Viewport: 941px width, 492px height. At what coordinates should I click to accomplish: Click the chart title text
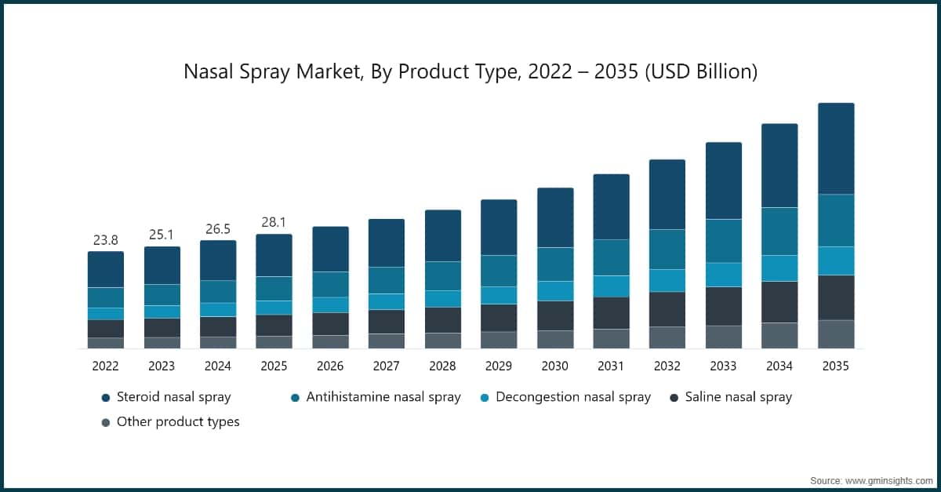(470, 72)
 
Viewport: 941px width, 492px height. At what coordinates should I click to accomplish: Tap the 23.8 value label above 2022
(105, 240)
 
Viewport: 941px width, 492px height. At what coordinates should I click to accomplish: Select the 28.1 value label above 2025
(274, 223)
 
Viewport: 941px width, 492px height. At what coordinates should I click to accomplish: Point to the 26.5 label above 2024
(217, 229)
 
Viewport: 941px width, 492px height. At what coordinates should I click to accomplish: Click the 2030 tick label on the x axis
(554, 366)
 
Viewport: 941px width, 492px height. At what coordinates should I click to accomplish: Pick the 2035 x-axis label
(835, 366)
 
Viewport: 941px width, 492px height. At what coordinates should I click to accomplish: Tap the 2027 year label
(386, 366)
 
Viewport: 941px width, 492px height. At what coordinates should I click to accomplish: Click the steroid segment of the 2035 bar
(835, 148)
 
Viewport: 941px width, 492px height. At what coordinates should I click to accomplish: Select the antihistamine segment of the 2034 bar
(779, 231)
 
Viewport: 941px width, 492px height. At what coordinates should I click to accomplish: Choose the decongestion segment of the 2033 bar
(723, 275)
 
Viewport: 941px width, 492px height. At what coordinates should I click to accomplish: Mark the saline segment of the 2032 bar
(667, 309)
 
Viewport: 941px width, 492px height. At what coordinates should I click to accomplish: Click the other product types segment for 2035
(835, 333)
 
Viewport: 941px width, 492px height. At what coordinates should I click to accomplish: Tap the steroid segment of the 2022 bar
(105, 269)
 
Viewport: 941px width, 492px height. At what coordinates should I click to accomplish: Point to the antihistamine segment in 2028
(442, 275)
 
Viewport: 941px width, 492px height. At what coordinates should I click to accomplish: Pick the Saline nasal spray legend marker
(674, 398)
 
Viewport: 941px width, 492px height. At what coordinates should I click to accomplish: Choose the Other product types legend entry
(177, 422)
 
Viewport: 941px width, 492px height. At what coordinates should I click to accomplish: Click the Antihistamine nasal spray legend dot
(295, 398)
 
